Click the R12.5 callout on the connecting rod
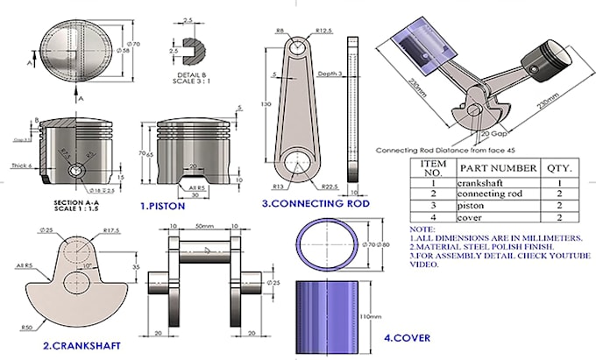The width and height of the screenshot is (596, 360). (x=324, y=32)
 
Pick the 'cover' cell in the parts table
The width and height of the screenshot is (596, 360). (x=472, y=216)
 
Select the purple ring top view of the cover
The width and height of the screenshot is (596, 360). (x=327, y=240)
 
